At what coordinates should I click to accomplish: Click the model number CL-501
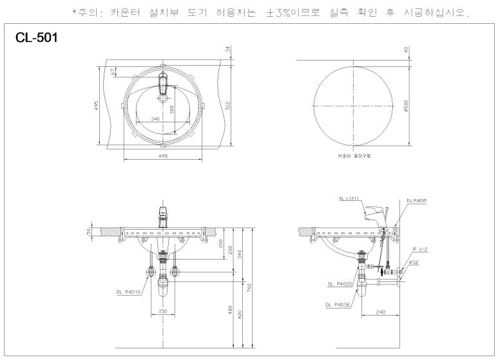coord(36,39)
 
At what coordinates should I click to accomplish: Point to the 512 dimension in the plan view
coord(227,105)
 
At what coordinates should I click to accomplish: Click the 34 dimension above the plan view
coord(227,50)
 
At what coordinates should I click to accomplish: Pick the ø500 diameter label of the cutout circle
coord(406,105)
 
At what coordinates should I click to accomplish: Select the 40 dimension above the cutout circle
coord(406,50)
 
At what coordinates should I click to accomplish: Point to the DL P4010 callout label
coord(129,291)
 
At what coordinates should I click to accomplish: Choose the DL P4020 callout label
coord(339,283)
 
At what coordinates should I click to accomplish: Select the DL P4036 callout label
coord(338,305)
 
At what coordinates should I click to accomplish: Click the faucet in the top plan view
coord(162,84)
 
